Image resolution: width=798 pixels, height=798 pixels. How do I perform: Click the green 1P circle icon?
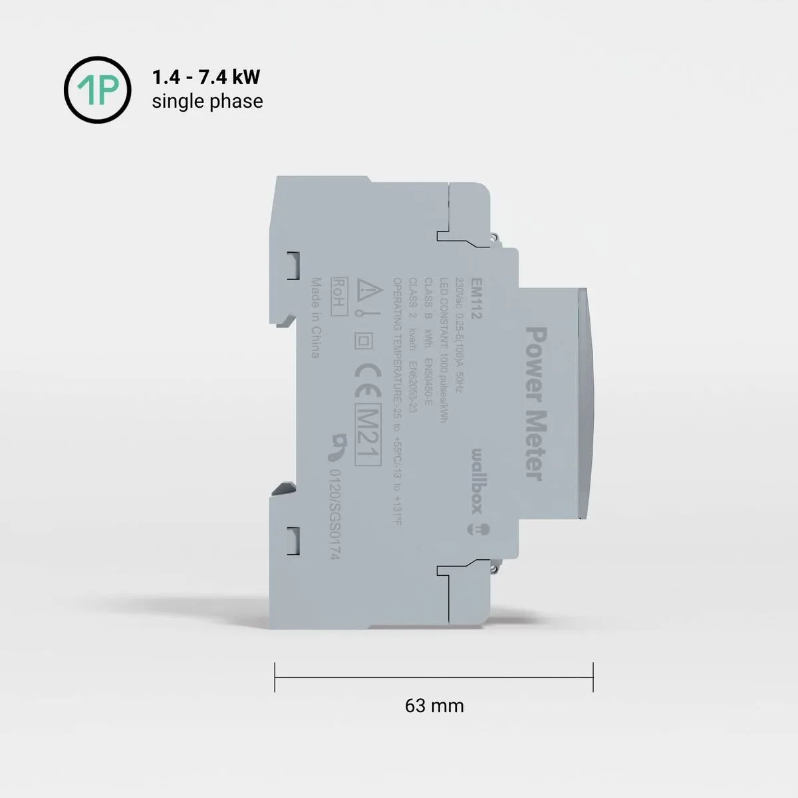click(x=97, y=90)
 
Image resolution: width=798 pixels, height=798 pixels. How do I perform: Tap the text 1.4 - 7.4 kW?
click(x=206, y=77)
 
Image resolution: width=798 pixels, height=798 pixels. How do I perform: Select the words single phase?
click(x=207, y=101)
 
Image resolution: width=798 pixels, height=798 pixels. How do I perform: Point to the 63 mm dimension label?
click(x=434, y=706)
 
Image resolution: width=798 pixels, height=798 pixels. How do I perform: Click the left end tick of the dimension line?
click(x=275, y=677)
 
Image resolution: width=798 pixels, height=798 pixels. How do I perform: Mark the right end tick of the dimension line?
click(x=593, y=677)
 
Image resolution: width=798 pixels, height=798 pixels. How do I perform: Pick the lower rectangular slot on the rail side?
click(x=293, y=540)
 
